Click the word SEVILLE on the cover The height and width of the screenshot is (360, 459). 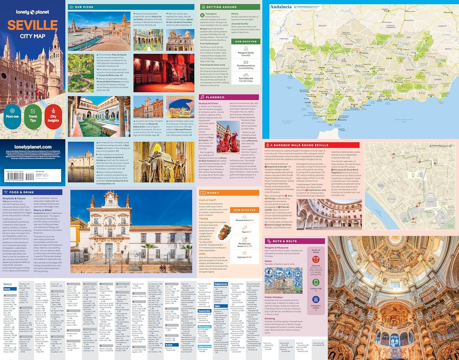pyautogui.click(x=32, y=25)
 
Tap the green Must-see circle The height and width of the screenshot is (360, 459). pyautogui.click(x=12, y=116)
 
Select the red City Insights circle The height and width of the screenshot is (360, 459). pyautogui.click(x=53, y=116)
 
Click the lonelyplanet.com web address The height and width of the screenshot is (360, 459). pyautogui.click(x=33, y=147)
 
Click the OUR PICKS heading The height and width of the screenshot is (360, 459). pyautogui.click(x=84, y=7)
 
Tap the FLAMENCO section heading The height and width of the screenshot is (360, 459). pyautogui.click(x=215, y=97)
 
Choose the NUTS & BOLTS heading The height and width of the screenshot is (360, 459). pyautogui.click(x=285, y=241)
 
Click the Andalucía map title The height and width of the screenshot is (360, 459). pyautogui.click(x=281, y=7)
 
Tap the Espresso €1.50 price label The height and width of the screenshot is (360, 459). pyautogui.click(x=245, y=257)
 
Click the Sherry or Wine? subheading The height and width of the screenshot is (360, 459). pyautogui.click(x=43, y=210)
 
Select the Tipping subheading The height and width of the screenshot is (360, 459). pyautogui.click(x=203, y=219)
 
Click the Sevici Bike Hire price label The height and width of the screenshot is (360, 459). pyautogui.click(x=246, y=80)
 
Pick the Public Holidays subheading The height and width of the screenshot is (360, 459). pyautogui.click(x=274, y=297)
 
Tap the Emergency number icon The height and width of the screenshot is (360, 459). pyautogui.click(x=316, y=299)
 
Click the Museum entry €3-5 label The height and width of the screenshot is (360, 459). pyautogui.click(x=244, y=220)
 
